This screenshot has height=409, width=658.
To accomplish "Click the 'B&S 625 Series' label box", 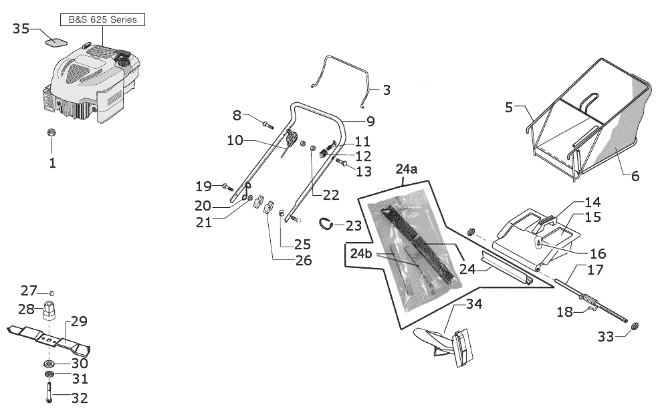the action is pos(102,20).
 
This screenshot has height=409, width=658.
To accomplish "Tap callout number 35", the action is pos(21,29).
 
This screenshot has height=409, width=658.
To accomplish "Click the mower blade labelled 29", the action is pos(48,336).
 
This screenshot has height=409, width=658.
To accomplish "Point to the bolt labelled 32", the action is pos(49,392).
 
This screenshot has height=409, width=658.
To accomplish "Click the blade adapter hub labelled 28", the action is pos(50,310).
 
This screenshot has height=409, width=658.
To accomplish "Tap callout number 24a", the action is pos(407,169).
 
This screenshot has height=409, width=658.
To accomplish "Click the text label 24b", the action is pos(361,254).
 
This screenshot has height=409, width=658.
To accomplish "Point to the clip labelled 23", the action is pos(326,224).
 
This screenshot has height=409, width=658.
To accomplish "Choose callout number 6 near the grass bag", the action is pos(635,176).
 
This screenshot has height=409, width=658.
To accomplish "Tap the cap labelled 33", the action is pos(635,325).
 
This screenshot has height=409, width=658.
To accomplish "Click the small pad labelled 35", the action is pos(56,41).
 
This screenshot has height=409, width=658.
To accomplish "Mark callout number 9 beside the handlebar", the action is pos(370,121).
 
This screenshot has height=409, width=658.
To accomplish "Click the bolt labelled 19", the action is pos(228,186).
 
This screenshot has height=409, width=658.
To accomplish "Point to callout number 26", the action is pos(304,261).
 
